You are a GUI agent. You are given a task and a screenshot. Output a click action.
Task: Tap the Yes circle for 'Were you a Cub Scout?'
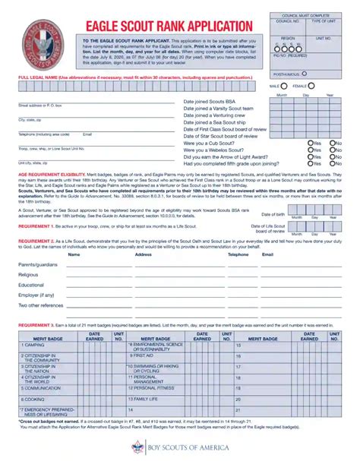(311, 143)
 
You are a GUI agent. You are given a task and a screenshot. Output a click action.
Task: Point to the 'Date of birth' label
(273, 214)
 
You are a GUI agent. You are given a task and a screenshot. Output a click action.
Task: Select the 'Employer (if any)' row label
(36, 294)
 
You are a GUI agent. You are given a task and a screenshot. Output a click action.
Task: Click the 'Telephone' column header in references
(238, 254)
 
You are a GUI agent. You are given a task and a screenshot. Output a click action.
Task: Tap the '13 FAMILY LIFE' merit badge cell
(144, 398)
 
